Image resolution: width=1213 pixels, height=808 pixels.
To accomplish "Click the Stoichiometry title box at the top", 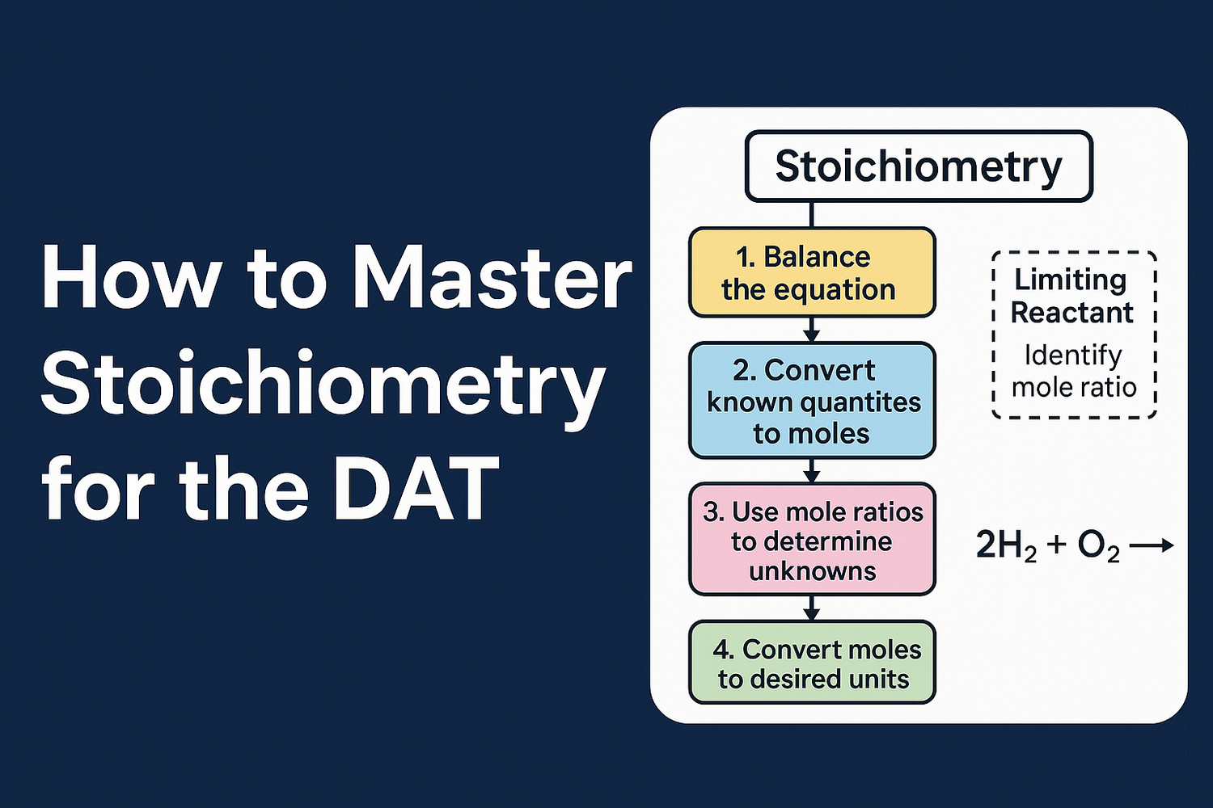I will point(918,166).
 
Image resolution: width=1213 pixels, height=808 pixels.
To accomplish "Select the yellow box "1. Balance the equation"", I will point(811,272).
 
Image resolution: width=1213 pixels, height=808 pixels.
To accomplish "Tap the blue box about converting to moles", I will point(811,401).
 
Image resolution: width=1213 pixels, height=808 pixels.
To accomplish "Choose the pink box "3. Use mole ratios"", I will point(811,540).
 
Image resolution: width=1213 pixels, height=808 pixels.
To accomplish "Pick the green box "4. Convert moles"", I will point(811,663).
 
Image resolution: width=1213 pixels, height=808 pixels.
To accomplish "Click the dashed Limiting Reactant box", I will point(1074,335).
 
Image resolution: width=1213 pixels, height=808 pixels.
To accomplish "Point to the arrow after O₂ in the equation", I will point(1151,546).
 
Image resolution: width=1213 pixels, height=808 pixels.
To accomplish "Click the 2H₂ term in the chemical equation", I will point(1006,546).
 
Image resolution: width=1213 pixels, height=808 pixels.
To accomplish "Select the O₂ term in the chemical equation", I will point(1098,546).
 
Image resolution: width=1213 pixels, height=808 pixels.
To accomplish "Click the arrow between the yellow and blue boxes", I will point(812,330).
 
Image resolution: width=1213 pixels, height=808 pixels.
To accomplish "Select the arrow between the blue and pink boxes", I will point(812,470).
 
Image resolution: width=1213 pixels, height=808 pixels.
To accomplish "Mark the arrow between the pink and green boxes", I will point(812,608).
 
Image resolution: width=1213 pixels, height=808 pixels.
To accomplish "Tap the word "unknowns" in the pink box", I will point(812,571).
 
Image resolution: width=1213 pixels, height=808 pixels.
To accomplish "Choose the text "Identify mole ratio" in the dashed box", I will point(1074,372).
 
